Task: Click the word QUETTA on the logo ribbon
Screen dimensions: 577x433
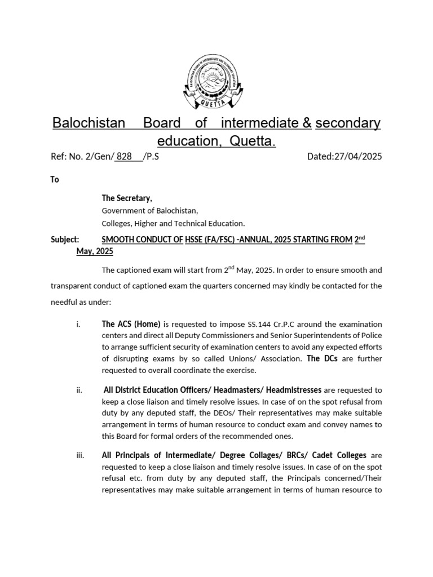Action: [216, 105]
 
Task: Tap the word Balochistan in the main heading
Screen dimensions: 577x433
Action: [89, 123]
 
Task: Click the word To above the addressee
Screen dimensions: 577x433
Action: [55, 180]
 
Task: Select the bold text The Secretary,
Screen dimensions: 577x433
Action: [127, 198]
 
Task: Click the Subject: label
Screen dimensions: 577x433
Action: [65, 239]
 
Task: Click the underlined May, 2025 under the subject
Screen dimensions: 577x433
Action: [95, 251]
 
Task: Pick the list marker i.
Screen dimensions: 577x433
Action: [78, 324]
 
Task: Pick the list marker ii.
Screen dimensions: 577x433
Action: [79, 389]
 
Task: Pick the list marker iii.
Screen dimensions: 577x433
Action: [79, 455]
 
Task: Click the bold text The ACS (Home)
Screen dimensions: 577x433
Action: [131, 324]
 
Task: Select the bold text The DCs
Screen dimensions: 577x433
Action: [322, 358]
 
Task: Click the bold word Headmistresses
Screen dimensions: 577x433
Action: [293, 389]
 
